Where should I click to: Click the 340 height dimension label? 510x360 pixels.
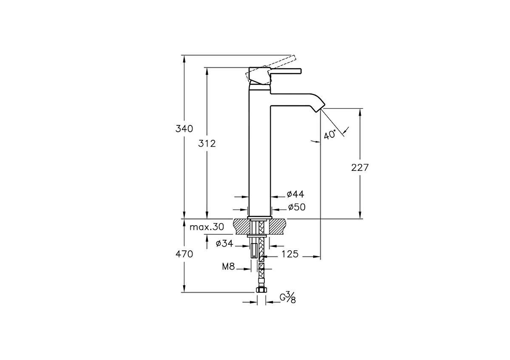click(184, 128)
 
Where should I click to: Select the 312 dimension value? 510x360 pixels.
click(207, 143)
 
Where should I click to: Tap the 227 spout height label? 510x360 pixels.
click(360, 167)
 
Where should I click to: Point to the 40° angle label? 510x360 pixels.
click(330, 135)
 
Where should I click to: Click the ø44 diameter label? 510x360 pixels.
click(295, 194)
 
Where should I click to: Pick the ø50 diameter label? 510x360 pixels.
click(296, 207)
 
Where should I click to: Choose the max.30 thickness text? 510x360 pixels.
click(207, 227)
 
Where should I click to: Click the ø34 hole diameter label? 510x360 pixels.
click(225, 244)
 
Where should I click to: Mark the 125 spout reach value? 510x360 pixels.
click(290, 254)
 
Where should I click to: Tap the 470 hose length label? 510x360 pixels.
click(184, 254)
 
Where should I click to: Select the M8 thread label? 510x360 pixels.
click(229, 267)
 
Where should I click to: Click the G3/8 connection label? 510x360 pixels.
click(288, 298)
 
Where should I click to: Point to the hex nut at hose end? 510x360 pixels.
click(261, 290)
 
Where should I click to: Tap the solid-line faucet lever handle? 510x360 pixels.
click(286, 71)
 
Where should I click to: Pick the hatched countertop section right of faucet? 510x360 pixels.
click(278, 226)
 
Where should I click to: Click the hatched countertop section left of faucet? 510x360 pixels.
click(241, 226)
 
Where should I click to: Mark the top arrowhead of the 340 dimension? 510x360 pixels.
click(184, 58)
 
